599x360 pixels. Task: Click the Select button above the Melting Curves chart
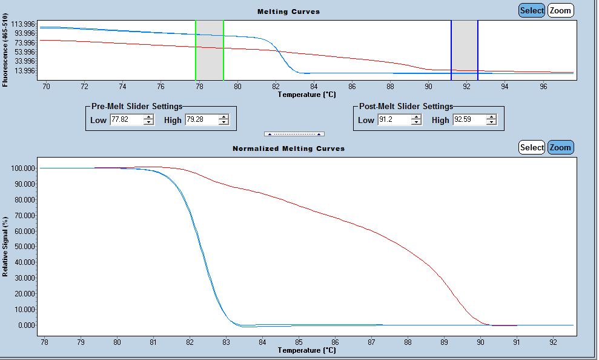(532, 10)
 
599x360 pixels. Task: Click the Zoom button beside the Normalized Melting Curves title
(560, 147)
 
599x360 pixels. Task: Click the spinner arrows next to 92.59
(491, 120)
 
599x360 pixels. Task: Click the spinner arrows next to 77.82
(148, 120)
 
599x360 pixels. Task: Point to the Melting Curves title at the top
(288, 12)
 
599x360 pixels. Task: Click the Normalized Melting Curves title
(288, 148)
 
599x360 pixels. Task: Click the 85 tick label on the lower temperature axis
(299, 342)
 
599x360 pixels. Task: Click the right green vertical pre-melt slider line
(223, 50)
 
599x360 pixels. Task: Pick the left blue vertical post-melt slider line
(451, 50)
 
